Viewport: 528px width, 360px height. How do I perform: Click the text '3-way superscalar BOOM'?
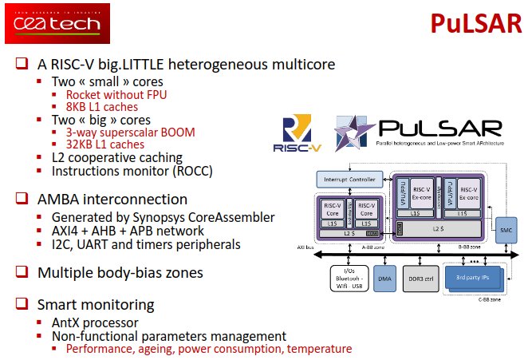pos(130,132)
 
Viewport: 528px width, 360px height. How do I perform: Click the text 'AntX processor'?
pos(90,322)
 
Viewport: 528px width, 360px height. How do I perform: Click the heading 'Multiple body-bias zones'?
pos(120,272)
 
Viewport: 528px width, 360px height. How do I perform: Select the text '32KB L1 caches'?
pos(105,144)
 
